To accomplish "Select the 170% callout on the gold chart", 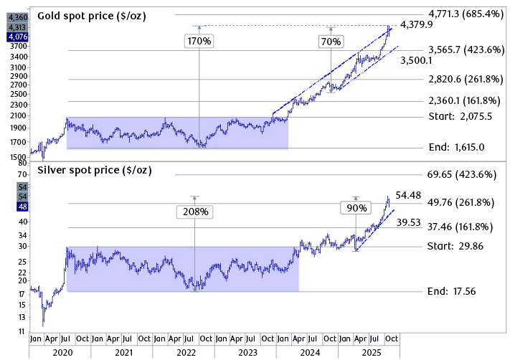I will click(x=199, y=42).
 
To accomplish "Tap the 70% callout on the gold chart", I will click(x=331, y=42).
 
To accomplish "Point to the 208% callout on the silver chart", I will click(x=194, y=212).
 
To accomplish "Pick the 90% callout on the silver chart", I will click(x=356, y=208).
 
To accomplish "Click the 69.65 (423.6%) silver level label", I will click(x=461, y=174).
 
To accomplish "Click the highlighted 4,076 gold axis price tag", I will click(x=18, y=37).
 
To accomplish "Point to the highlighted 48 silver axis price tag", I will click(x=22, y=207).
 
